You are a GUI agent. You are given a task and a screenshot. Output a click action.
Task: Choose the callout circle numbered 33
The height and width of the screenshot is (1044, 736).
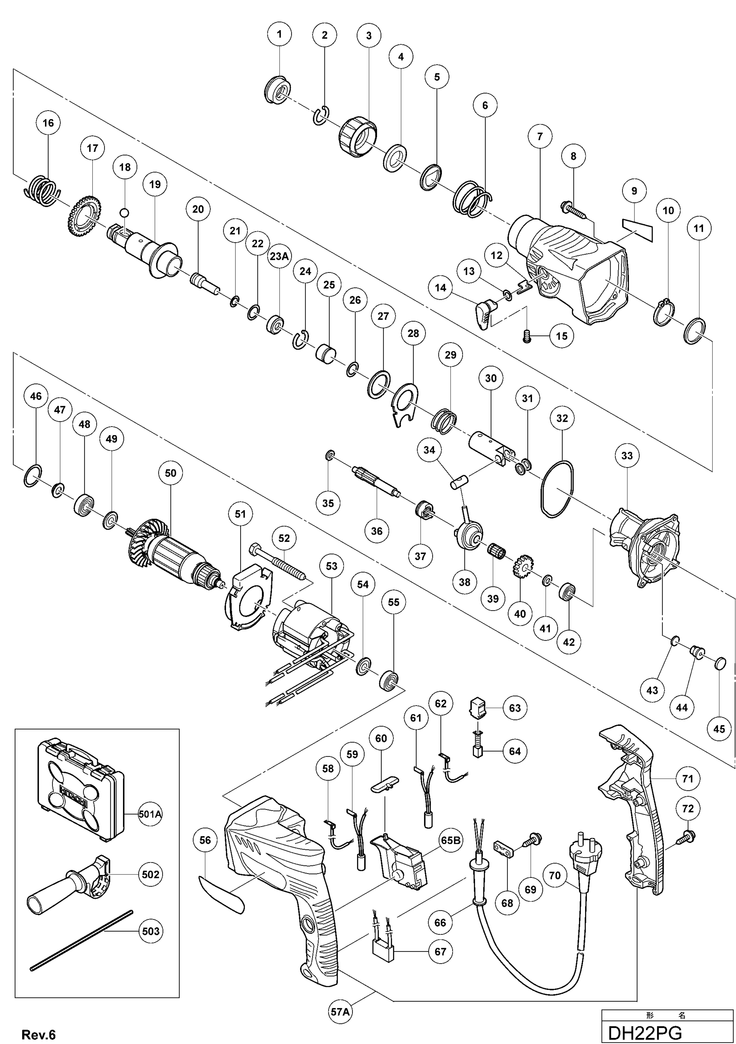click(627, 456)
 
